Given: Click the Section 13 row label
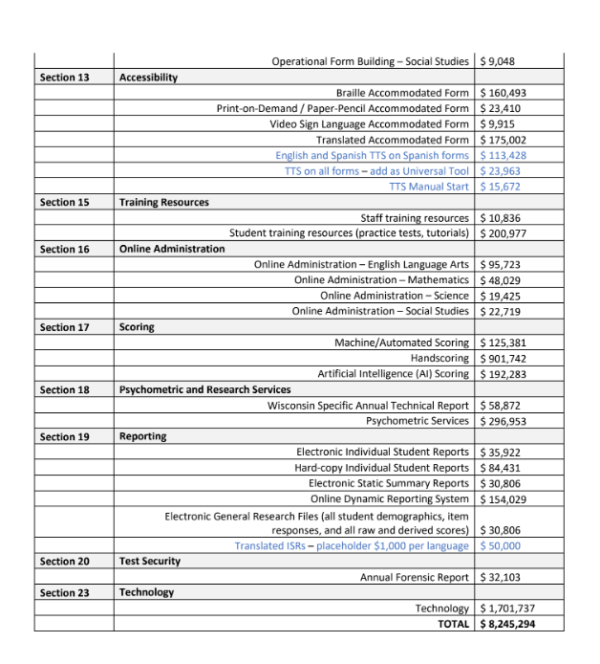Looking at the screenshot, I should (x=65, y=77).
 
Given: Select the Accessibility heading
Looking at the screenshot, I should (x=148, y=77).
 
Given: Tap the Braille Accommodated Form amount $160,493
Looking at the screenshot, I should (x=504, y=94).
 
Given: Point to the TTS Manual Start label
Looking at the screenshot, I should (x=430, y=187).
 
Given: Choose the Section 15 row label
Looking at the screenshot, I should (x=65, y=202).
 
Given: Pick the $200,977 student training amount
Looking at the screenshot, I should (x=504, y=233).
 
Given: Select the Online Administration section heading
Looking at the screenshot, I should (x=172, y=249).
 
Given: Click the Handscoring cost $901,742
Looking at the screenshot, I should (x=504, y=358).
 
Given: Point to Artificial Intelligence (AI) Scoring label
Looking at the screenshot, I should (x=393, y=373).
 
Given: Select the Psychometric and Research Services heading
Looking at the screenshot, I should (x=204, y=389).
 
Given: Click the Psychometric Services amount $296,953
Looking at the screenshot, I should (x=504, y=420).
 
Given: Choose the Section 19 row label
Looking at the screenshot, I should (x=65, y=436).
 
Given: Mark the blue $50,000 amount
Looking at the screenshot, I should (x=501, y=545).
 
